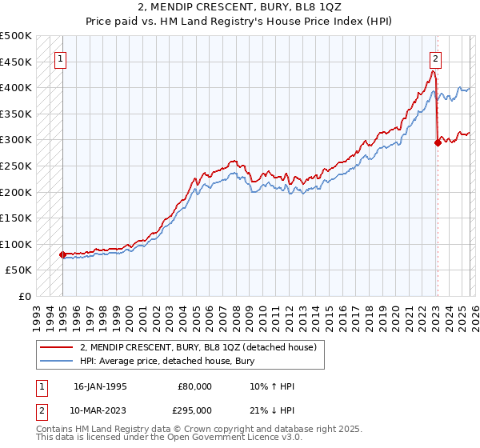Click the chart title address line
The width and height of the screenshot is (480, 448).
[240, 7]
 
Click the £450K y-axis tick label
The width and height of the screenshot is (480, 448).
[16, 62]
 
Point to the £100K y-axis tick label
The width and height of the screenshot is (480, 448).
[16, 244]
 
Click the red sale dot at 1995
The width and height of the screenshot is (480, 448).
[62, 254]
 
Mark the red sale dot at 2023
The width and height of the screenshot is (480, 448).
[438, 143]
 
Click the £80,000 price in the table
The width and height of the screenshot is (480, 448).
[195, 386]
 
